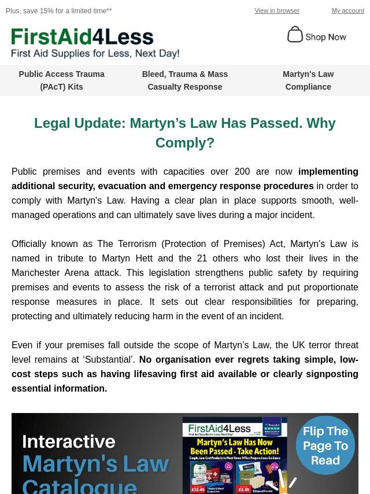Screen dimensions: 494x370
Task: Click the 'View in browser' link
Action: tap(277, 11)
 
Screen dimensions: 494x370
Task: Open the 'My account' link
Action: tap(347, 11)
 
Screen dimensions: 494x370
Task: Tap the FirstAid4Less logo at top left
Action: tap(83, 38)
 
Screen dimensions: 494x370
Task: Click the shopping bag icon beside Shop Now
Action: tap(295, 35)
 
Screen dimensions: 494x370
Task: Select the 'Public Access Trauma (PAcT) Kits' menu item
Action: tap(61, 80)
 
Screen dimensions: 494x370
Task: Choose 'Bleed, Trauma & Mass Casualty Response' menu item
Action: tap(185, 80)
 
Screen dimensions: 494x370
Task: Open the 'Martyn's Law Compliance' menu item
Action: tap(308, 80)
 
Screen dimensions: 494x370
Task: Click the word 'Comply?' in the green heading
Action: tap(185, 143)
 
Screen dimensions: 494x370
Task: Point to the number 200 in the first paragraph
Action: tap(243, 172)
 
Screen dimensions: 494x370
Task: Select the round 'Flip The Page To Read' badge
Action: tap(325, 445)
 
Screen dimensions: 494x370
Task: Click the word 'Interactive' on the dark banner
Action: tap(69, 442)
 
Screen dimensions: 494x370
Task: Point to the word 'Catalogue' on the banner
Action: tap(80, 485)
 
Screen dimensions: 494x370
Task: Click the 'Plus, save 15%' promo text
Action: tap(58, 11)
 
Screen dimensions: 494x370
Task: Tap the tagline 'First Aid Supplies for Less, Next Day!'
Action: tap(95, 54)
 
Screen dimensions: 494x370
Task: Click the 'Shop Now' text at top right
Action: tap(325, 37)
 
